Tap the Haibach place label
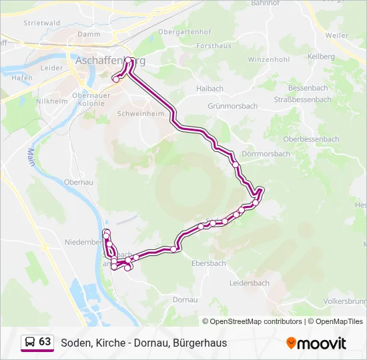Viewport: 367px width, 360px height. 210,88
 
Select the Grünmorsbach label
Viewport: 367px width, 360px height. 233,106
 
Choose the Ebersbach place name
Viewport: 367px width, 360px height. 208,263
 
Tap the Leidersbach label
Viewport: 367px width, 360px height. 249,283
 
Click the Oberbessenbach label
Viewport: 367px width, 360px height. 311,139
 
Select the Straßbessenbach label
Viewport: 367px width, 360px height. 302,99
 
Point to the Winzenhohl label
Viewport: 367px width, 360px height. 268,59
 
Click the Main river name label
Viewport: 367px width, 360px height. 31,159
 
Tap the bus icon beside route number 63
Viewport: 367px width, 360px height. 30,342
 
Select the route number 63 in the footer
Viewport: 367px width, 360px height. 45,341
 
